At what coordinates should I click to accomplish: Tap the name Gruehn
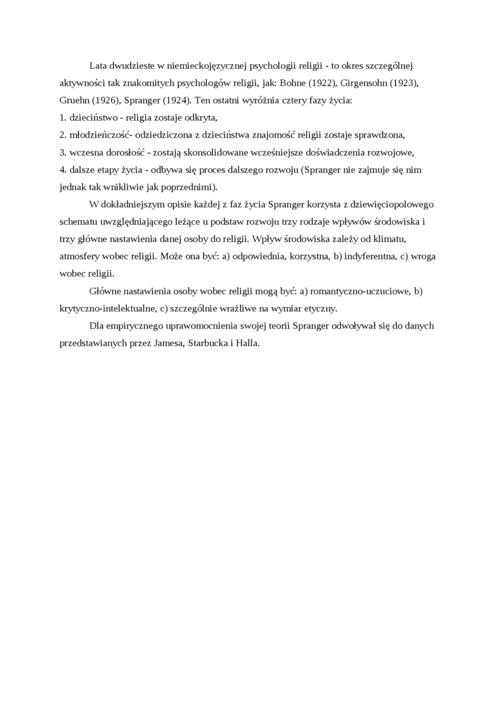[74, 101]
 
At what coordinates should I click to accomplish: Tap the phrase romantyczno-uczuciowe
[360, 291]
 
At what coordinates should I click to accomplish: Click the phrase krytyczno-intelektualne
[108, 308]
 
